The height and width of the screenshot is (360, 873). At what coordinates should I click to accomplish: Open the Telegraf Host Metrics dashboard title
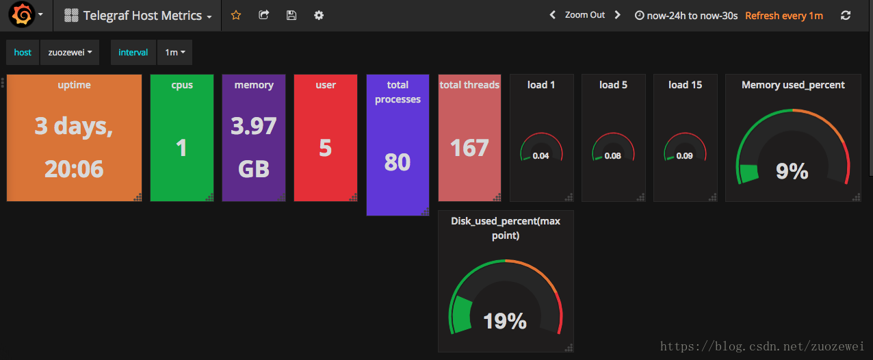[x=142, y=16]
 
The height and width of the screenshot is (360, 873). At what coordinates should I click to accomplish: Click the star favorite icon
[x=236, y=15]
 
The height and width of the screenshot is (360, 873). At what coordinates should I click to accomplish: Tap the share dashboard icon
[x=264, y=15]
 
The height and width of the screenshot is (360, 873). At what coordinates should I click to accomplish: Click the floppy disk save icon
[x=291, y=15]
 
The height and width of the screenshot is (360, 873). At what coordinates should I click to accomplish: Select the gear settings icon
[x=319, y=15]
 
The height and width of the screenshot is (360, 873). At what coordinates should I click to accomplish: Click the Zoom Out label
[x=585, y=15]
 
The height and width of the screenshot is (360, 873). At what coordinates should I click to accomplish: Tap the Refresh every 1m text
[x=784, y=16]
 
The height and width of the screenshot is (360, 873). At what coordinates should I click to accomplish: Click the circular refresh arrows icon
[x=846, y=15]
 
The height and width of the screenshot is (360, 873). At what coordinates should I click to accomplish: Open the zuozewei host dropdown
[x=70, y=52]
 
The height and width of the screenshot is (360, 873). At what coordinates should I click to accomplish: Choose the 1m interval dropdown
[x=174, y=52]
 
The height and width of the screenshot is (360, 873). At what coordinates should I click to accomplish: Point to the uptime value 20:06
[x=74, y=169]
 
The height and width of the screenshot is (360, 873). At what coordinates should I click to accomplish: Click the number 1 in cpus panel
[x=181, y=148]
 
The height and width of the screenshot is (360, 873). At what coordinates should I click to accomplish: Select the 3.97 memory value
[x=254, y=127]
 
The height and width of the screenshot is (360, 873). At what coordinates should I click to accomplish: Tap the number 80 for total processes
[x=398, y=162]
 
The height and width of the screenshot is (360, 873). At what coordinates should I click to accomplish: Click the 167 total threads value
[x=469, y=148]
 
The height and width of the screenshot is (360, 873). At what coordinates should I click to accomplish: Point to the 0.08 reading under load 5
[x=613, y=156]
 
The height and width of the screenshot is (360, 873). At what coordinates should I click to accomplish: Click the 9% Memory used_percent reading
[x=792, y=171]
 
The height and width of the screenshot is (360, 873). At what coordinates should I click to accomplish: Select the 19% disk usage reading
[x=505, y=321]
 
